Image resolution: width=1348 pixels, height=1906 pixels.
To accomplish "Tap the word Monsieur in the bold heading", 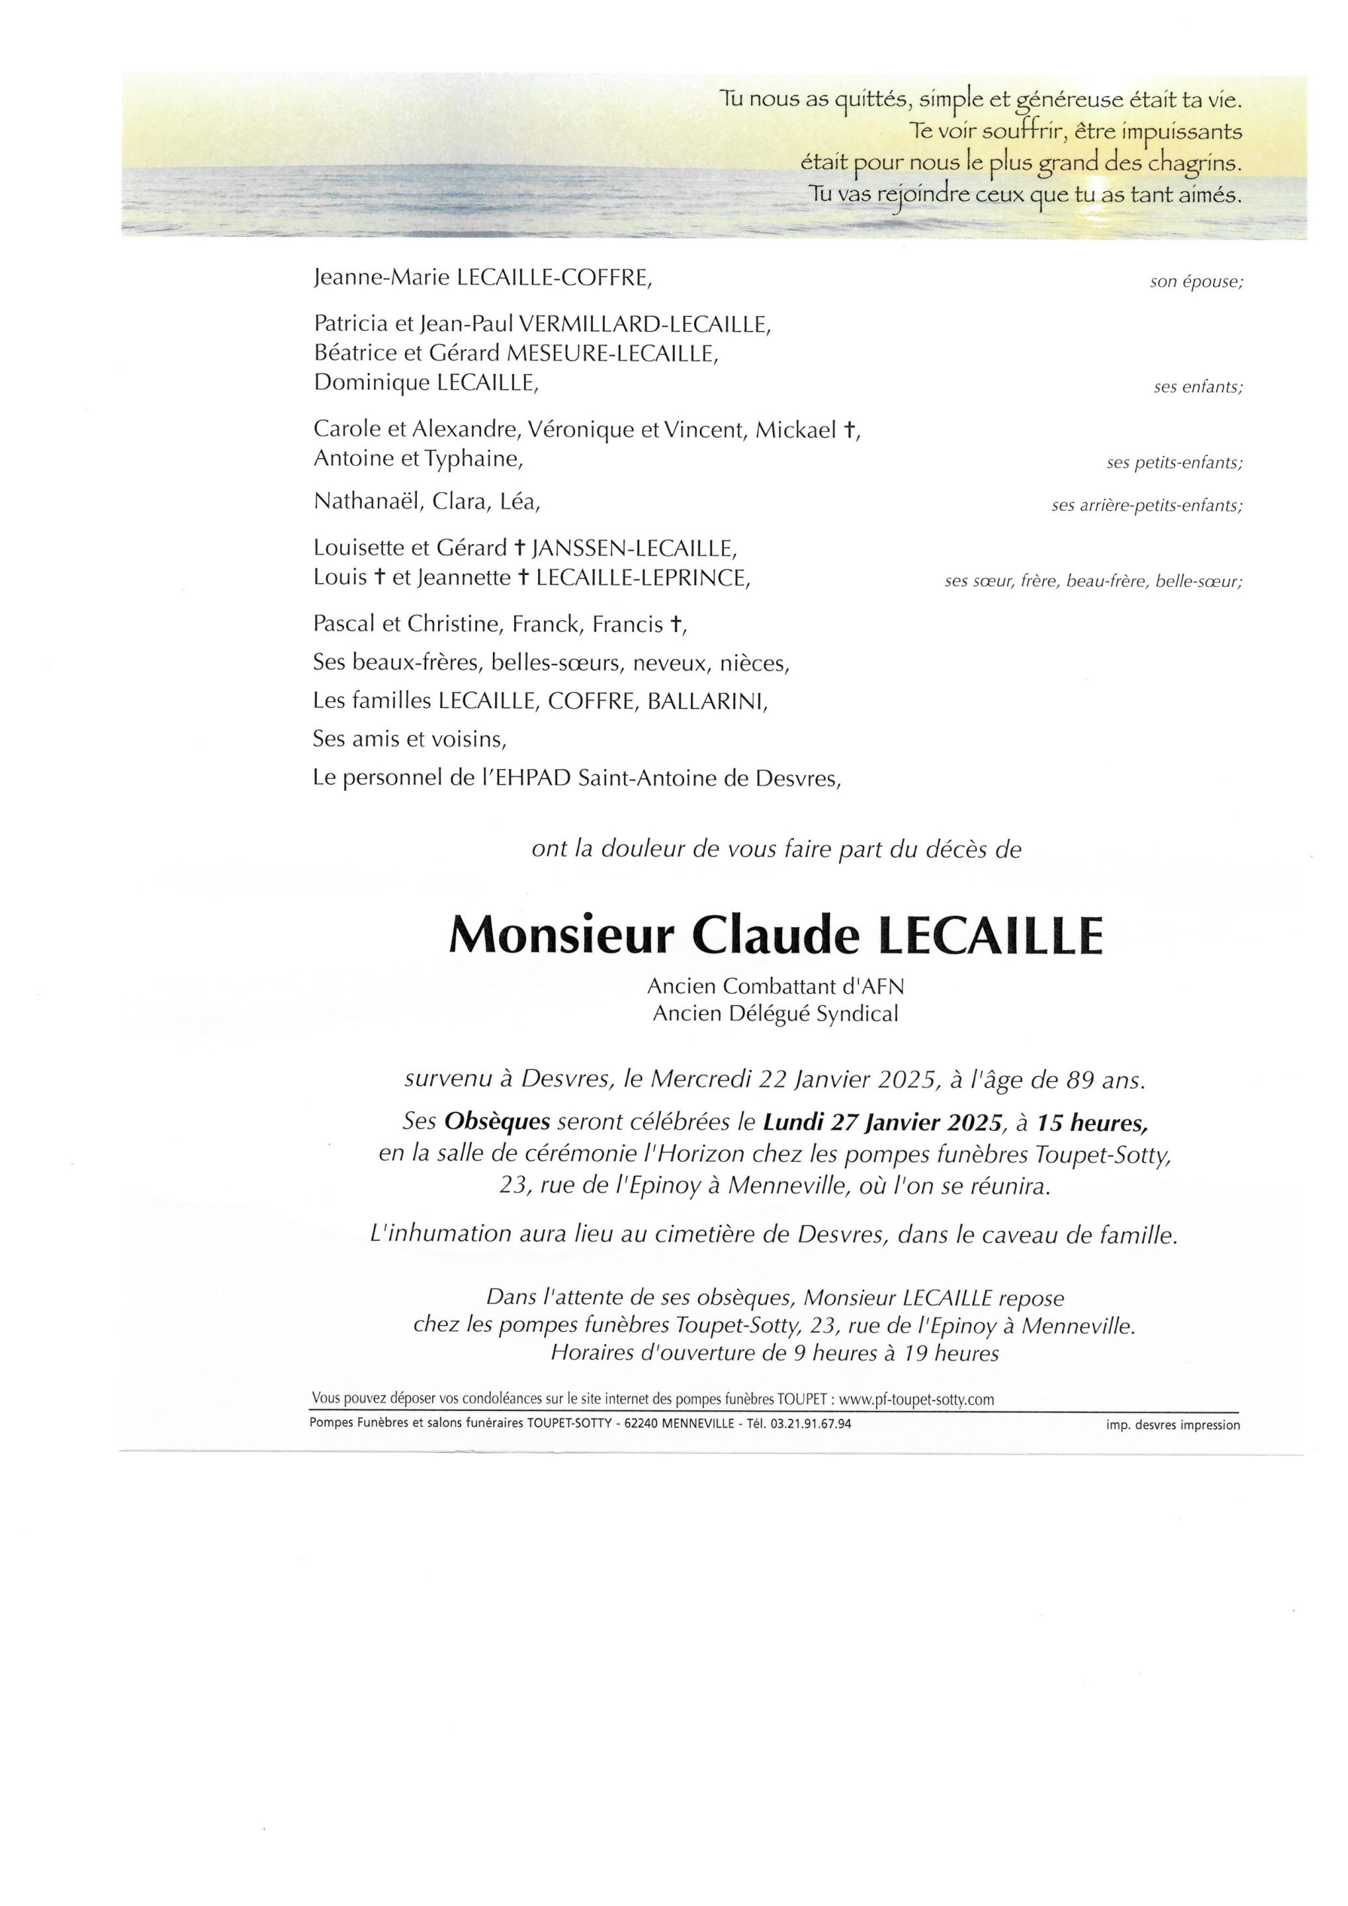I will click(561, 936).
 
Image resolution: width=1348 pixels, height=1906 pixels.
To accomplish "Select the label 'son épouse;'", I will click(1196, 282).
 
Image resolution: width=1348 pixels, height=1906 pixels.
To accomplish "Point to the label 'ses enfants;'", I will click(1198, 388).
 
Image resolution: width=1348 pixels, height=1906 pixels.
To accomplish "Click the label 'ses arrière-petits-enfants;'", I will click(1146, 506).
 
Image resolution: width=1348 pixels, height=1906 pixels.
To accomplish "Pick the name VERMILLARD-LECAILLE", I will click(644, 324).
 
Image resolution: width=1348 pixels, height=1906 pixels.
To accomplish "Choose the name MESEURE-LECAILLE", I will click(613, 353).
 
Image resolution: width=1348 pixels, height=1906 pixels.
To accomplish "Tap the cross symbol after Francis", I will click(676, 624).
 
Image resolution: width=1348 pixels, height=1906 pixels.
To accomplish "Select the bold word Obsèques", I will click(497, 1122).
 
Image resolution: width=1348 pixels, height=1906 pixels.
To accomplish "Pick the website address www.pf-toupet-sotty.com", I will click(917, 1400).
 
